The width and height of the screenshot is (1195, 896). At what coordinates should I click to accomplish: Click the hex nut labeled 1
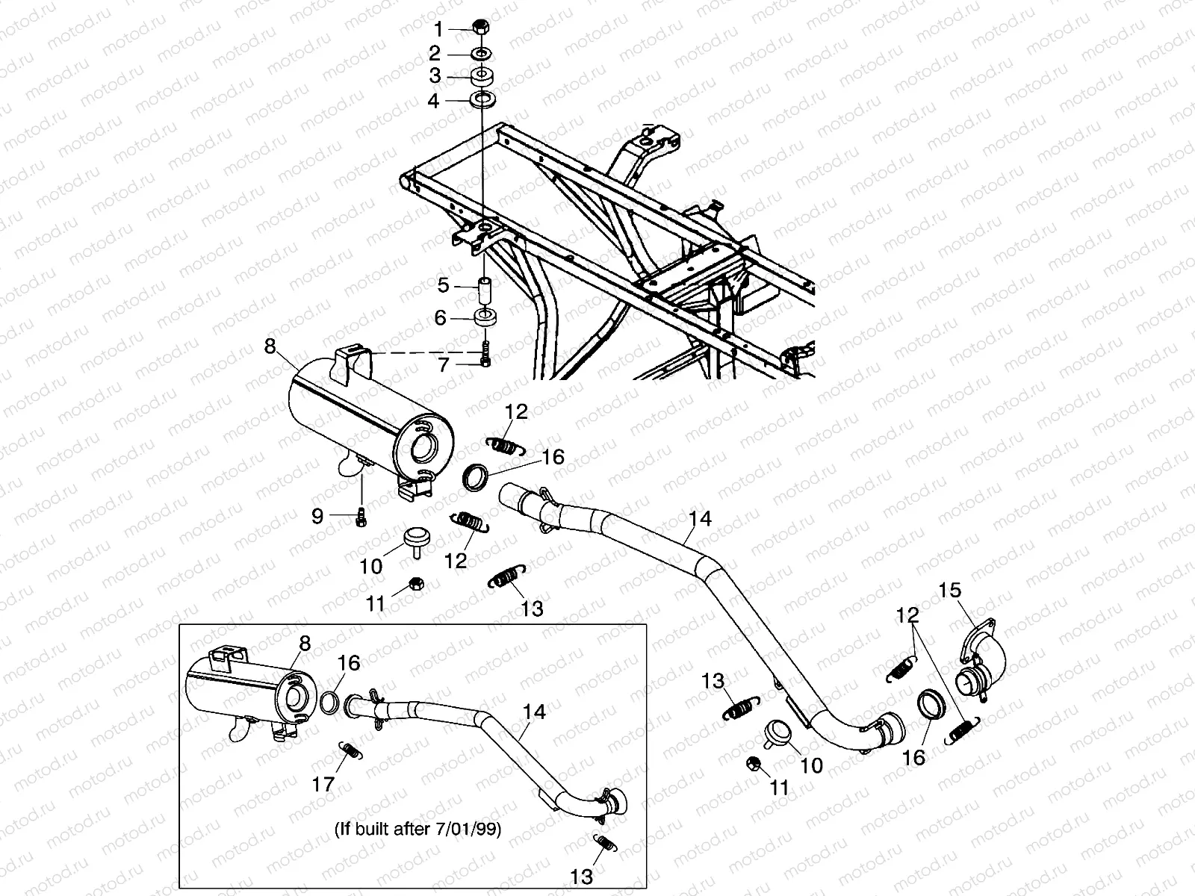[481, 28]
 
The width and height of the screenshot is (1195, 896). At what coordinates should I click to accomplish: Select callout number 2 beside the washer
[434, 53]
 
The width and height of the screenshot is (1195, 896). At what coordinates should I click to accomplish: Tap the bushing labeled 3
[481, 76]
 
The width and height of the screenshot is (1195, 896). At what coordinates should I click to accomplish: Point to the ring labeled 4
[481, 99]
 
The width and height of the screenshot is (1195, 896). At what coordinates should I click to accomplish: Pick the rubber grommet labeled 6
[485, 317]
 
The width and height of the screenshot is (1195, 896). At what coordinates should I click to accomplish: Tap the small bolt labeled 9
[361, 516]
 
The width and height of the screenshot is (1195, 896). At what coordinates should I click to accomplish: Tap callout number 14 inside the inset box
[534, 712]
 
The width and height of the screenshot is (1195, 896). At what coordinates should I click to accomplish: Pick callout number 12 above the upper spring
[516, 411]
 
